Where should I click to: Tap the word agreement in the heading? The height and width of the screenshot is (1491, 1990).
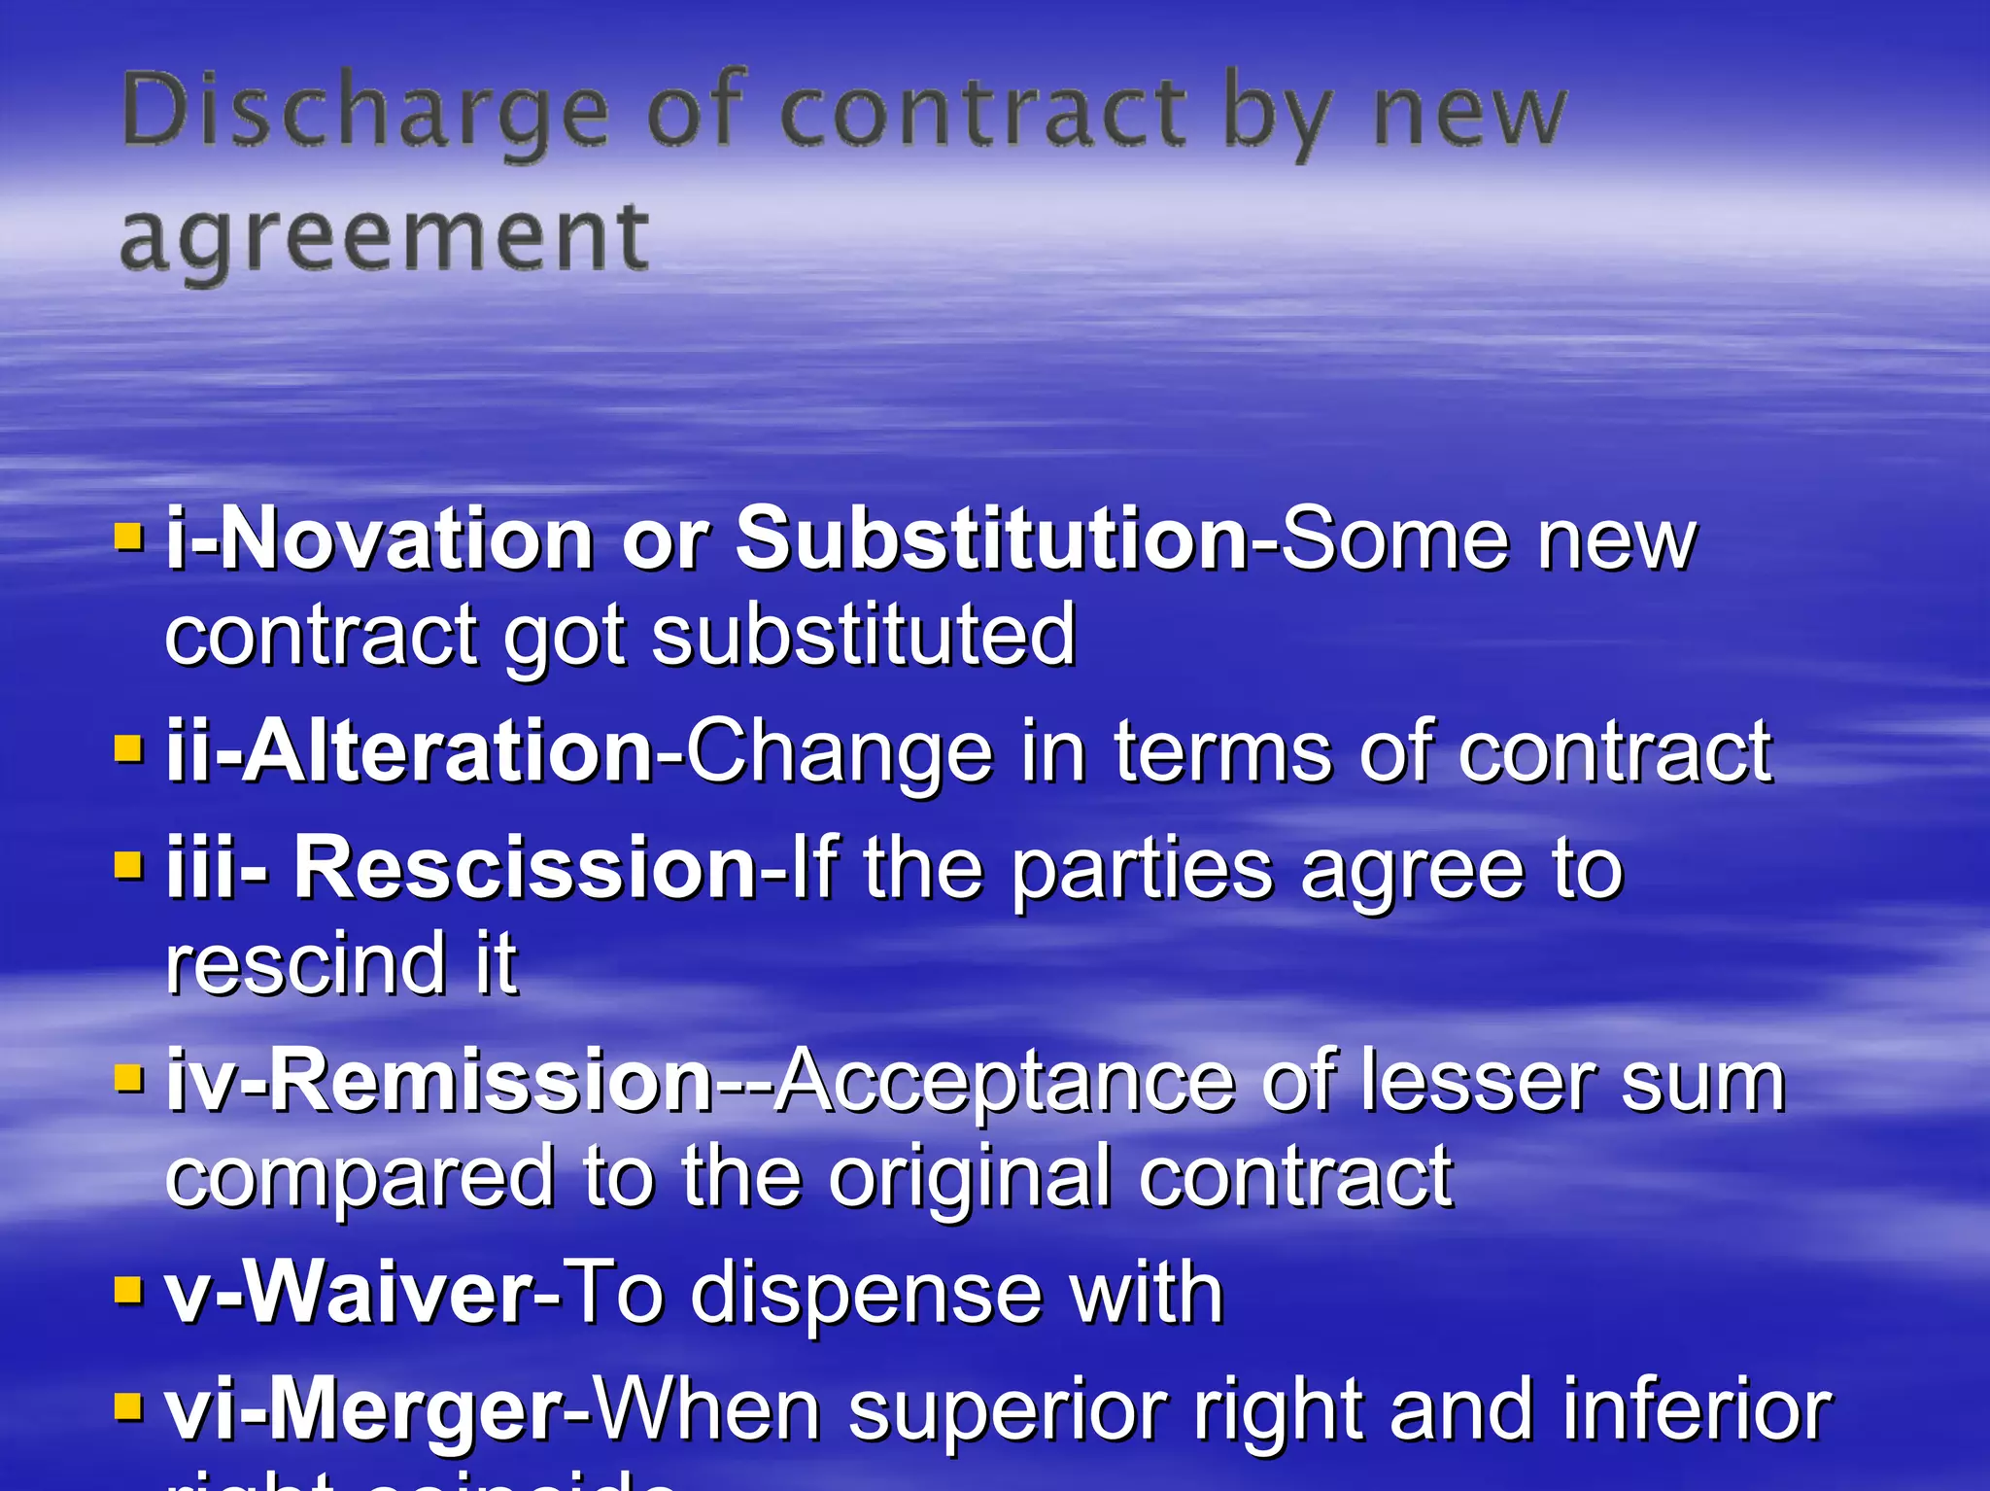pyautogui.click(x=384, y=238)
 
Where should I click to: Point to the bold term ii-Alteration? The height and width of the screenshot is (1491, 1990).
pyautogui.click(x=409, y=751)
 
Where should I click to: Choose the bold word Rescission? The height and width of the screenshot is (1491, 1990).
pyautogui.click(x=525, y=867)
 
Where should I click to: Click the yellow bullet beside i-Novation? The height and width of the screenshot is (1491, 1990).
pyautogui.click(x=128, y=537)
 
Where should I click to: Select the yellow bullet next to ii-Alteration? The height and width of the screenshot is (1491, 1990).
pyautogui.click(x=128, y=749)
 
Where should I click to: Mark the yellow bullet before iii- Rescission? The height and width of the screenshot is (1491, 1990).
pyautogui.click(x=128, y=865)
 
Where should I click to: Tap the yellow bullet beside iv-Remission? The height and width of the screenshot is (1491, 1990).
pyautogui.click(x=128, y=1078)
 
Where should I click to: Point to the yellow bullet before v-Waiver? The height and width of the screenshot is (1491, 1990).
pyautogui.click(x=128, y=1291)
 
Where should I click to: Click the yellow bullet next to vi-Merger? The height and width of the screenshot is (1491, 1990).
pyautogui.click(x=128, y=1406)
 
